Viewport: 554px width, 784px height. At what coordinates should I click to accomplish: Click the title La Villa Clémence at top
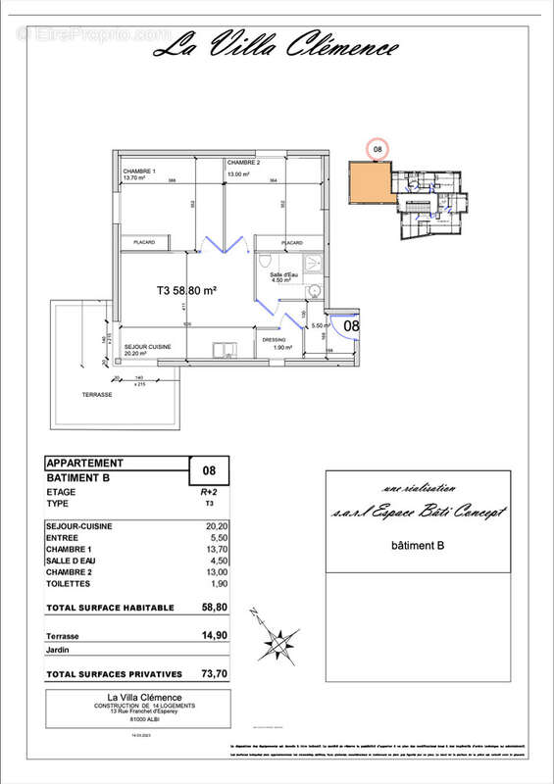tap(277, 45)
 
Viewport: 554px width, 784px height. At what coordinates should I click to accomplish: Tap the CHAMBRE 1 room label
tap(139, 171)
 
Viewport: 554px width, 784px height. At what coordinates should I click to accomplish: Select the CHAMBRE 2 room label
tap(242, 163)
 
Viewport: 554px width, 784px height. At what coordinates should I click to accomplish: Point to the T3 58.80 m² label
tap(186, 290)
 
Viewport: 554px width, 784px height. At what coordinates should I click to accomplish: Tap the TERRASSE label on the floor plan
tap(97, 394)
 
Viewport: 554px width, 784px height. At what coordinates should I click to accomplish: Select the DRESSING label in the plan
tap(274, 340)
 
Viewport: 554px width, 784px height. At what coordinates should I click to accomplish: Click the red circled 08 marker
tap(378, 149)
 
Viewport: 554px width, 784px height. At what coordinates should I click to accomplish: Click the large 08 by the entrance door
tap(351, 323)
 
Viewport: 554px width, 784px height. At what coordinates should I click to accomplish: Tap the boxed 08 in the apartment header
tap(208, 470)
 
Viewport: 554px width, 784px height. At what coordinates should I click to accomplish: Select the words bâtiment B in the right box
tap(419, 545)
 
